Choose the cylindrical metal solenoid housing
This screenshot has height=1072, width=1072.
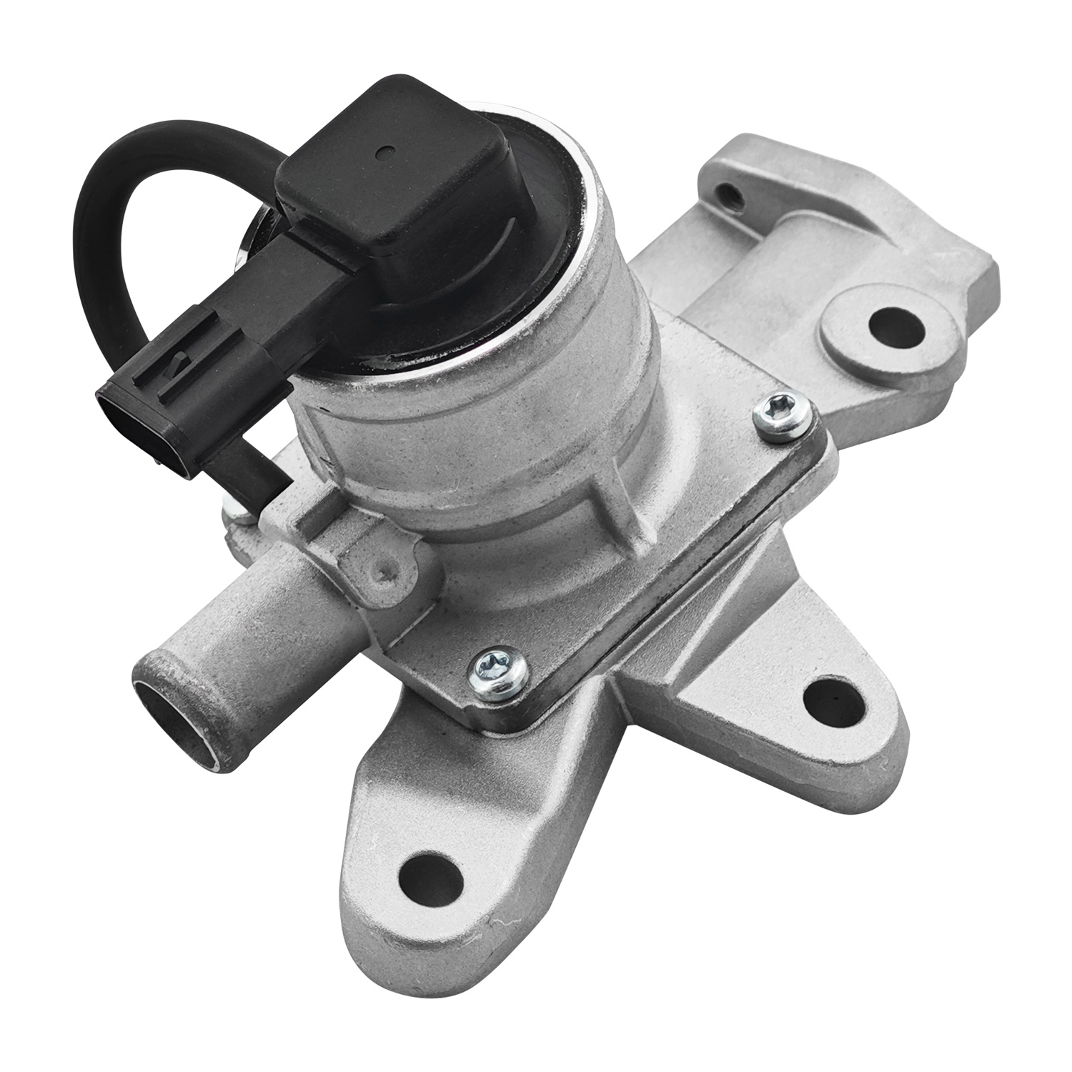click(486, 443)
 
